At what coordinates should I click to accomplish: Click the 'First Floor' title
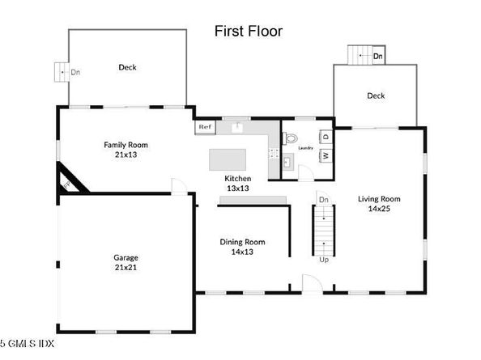coord(248,31)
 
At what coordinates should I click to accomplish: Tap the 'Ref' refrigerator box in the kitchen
coord(203,127)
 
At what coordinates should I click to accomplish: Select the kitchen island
coord(232,158)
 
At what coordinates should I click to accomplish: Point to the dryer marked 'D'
coord(324,135)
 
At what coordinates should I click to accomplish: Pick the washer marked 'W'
coord(324,155)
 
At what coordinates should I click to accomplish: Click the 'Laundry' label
coord(305,148)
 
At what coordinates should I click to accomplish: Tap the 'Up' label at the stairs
coord(323,260)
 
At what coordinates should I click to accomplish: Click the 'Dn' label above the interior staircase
coord(322,199)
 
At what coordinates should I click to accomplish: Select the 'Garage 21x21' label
coord(125,262)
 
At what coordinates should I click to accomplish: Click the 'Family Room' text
coord(126,150)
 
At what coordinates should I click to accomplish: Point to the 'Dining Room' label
coord(243,246)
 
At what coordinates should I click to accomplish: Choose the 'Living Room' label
coord(380,203)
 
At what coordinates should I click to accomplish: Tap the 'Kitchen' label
coord(238,183)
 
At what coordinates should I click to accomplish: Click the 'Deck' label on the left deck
coord(126,67)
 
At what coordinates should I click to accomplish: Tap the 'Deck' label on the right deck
coord(376,95)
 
